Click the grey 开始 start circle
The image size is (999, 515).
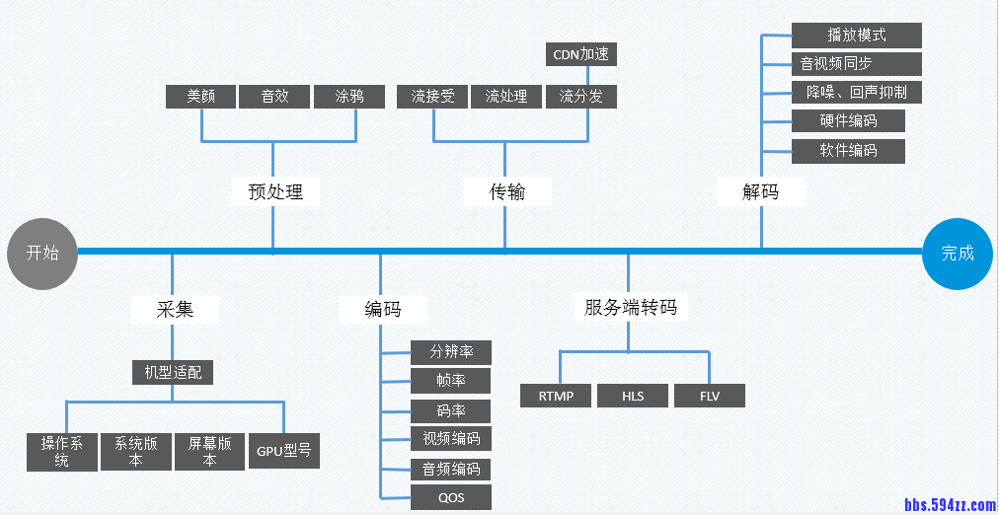coord(42,253)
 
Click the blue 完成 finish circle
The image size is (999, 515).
coord(957,254)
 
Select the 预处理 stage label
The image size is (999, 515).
coord(275,191)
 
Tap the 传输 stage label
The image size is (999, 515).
coord(507,191)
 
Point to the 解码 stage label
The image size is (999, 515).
coord(760,191)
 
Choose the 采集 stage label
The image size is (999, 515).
coord(175,309)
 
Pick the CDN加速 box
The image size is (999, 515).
coord(580,54)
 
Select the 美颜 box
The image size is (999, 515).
coord(201,97)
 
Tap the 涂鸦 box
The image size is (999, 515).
coord(349,97)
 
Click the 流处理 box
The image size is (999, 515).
coord(506,97)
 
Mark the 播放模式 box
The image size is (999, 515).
coord(856,36)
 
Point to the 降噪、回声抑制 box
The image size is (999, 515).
coord(856,93)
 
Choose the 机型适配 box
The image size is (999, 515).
coord(173,372)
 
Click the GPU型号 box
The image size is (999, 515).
coord(284,451)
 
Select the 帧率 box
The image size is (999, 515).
coord(450,380)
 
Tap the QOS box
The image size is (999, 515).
coord(450,497)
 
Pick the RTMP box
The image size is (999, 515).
coord(557,396)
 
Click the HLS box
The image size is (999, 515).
coord(633,396)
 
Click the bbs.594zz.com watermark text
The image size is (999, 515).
coord(950,505)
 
